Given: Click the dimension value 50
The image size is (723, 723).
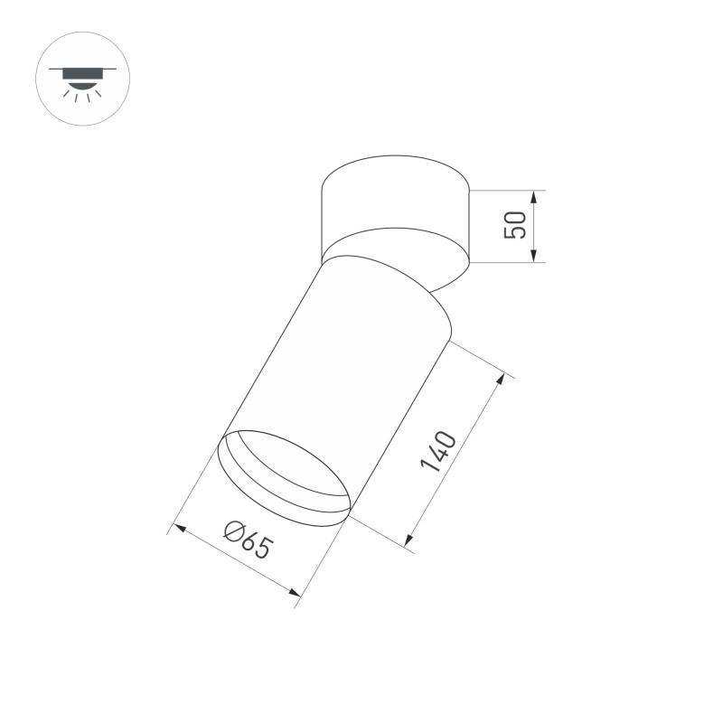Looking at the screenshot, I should click(x=515, y=225).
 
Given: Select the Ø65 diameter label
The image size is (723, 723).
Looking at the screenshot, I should click(x=246, y=539).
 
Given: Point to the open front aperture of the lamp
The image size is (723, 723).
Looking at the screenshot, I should click(x=285, y=479).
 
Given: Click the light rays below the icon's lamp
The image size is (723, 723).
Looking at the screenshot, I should click(x=82, y=97).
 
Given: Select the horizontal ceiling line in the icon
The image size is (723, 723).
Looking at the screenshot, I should click(x=82, y=69).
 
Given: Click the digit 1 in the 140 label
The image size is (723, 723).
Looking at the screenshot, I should click(x=427, y=467).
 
